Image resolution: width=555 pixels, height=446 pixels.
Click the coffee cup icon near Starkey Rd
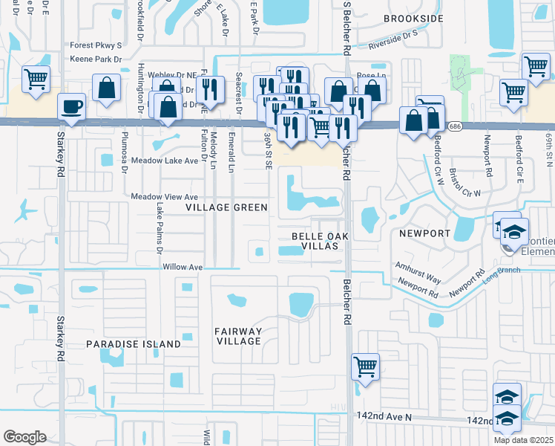(72, 107)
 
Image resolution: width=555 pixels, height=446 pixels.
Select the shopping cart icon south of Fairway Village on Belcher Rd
(365, 366)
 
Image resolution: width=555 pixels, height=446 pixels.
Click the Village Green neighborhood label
(226, 207)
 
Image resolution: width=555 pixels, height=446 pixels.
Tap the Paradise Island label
(133, 344)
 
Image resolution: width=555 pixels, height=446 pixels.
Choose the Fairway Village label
(238, 336)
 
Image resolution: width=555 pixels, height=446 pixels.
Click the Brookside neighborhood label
(414, 18)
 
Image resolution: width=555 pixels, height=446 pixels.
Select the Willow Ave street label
(182, 266)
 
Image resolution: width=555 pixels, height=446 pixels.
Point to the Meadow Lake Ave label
(164, 161)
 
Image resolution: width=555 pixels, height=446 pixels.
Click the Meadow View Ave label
(164, 196)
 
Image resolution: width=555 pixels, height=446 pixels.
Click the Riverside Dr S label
(393, 45)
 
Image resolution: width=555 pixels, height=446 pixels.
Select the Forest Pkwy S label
(96, 45)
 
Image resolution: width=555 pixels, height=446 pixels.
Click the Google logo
(24, 437)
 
